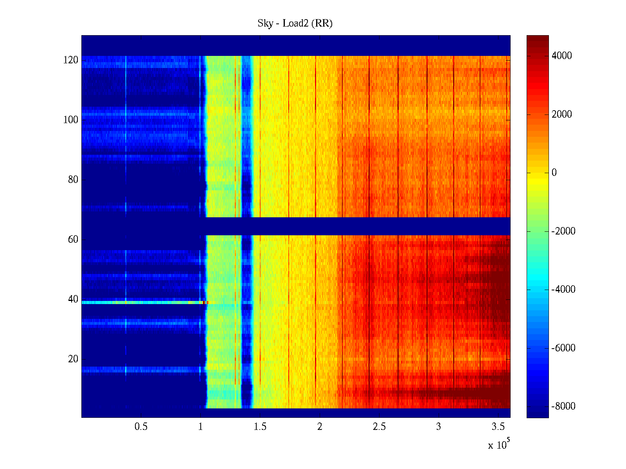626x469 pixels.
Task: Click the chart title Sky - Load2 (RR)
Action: pos(295,23)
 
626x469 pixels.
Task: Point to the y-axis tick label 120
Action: pos(71,60)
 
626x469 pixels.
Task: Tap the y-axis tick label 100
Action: pos(71,120)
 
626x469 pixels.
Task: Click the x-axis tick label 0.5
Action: pos(141,427)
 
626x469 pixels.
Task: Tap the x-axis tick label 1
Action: pos(201,427)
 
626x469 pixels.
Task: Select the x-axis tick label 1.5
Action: pos(260,427)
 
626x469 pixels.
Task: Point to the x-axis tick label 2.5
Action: pos(379,427)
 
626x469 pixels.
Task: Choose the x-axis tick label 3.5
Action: pos(498,427)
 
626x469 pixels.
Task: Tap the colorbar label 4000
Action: pos(562,56)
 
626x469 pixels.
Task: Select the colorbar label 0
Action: pos(554,173)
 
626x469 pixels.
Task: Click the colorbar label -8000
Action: pos(563,406)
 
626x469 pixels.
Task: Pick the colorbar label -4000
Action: pos(563,290)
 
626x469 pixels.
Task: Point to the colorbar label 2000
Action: pos(562,115)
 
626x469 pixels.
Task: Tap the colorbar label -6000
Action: pos(563,348)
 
